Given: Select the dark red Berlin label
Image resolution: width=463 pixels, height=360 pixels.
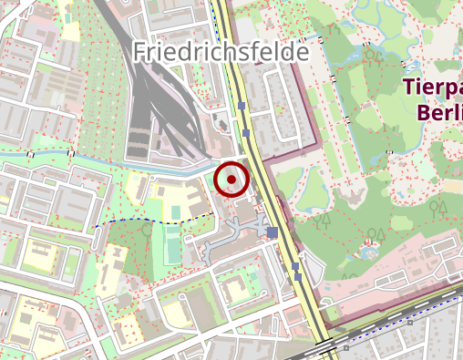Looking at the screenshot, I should [438, 111].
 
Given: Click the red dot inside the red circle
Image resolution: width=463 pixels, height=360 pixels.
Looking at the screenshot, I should [232, 180].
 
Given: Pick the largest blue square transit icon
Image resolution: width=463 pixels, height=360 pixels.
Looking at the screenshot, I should [273, 233].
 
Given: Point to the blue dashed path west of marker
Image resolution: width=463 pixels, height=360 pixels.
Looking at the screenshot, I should [155, 221].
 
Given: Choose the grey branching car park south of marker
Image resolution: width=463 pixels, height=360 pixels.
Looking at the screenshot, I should [223, 242].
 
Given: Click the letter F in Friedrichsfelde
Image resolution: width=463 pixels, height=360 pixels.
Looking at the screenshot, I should [139, 52].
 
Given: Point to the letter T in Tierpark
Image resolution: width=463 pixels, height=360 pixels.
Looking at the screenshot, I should [407, 87].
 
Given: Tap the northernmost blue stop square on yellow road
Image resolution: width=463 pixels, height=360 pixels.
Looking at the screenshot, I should [242, 107].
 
